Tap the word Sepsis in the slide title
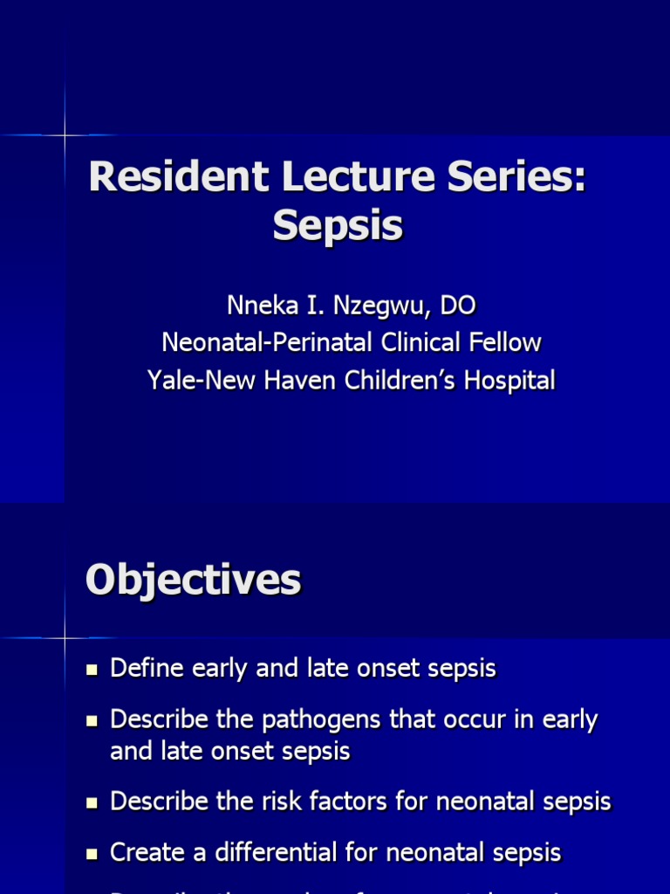point(338,226)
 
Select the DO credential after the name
point(458,306)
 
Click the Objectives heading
point(194,581)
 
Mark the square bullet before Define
point(92,670)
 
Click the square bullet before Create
point(92,853)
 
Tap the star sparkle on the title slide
point(65,135)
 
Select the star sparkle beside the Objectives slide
point(65,637)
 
